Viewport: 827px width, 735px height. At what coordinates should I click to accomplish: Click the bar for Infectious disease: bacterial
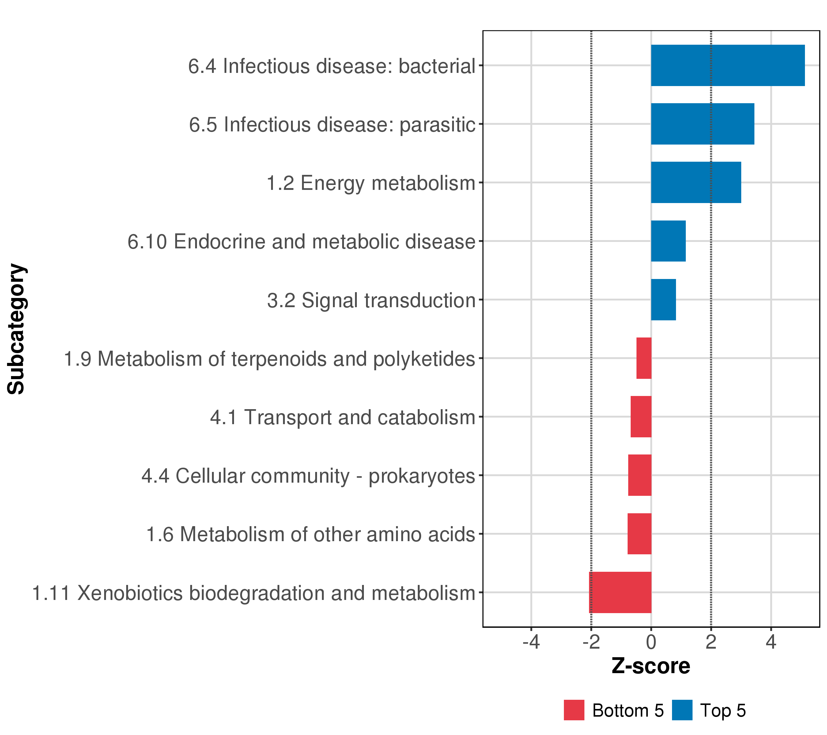click(727, 66)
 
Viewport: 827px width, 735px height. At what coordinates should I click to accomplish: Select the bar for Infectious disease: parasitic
click(702, 124)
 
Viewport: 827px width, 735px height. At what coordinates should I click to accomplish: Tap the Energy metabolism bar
click(696, 183)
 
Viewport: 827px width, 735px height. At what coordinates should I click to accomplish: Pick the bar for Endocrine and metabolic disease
click(668, 241)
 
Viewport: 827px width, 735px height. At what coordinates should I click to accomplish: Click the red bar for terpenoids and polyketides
click(644, 358)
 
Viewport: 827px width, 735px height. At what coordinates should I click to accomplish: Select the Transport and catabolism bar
click(641, 417)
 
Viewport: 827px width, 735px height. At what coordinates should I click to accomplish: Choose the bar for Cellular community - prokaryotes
click(640, 475)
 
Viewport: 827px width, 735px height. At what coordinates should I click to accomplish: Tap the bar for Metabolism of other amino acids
click(639, 533)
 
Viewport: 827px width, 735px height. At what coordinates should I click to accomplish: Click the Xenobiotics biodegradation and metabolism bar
click(620, 592)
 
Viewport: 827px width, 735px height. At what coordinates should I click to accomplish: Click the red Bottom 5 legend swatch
click(574, 710)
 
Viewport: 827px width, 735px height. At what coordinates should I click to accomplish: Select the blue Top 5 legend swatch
click(682, 710)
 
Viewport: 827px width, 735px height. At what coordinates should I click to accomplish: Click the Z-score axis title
click(651, 666)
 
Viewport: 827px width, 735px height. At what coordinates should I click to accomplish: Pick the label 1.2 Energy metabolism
click(371, 183)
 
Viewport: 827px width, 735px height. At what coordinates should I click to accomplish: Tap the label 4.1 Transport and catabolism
click(342, 417)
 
